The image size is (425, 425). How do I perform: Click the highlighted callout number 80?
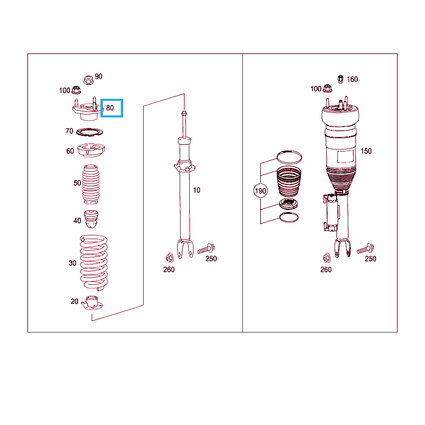point(110,108)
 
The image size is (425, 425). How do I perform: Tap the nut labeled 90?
point(88,80)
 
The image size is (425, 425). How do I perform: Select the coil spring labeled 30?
point(94,263)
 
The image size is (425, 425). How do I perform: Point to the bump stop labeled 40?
point(91,219)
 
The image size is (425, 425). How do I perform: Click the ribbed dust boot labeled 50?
point(91,184)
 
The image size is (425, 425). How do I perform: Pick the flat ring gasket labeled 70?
point(90,132)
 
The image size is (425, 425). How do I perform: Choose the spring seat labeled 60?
point(91,150)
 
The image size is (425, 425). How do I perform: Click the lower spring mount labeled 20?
point(92,303)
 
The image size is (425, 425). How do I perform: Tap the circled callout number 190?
point(261,191)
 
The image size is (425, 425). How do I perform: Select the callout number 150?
point(366,151)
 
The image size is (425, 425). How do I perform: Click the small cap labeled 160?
point(341,79)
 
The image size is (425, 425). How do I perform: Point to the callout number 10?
point(196,190)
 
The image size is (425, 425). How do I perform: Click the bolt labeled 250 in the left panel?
point(206,249)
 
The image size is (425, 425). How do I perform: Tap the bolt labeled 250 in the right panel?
point(365,249)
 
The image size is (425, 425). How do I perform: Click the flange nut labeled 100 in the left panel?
point(76,90)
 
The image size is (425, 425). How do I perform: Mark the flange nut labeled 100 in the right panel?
point(327,88)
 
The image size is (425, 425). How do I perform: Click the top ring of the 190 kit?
point(289,157)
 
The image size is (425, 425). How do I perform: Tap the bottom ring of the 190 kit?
point(289,217)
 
